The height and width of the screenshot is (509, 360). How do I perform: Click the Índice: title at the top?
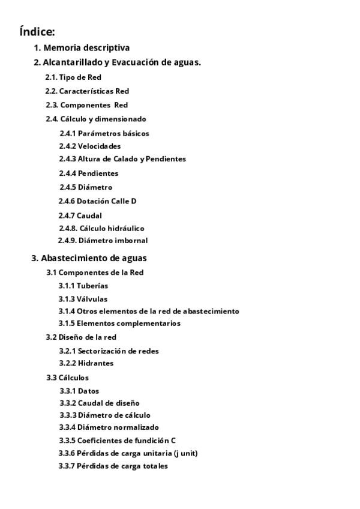37,32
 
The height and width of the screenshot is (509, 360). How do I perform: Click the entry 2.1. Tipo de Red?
73,77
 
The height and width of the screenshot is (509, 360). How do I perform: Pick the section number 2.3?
52,105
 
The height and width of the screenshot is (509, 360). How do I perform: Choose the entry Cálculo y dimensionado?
103,119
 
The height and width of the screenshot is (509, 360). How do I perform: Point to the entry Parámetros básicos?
113,133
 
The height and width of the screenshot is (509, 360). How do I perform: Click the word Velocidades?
99,146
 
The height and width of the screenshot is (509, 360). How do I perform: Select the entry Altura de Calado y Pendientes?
131,159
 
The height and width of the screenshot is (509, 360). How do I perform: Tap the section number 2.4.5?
67,187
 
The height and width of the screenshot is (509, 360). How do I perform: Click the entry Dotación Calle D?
106,201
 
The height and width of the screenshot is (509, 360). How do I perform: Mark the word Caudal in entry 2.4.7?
89,215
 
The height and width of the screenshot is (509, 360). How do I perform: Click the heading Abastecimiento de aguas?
94,258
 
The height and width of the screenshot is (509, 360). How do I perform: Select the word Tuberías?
92,286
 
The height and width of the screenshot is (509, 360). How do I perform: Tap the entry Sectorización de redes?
118,351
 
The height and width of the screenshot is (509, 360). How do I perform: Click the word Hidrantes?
95,363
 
